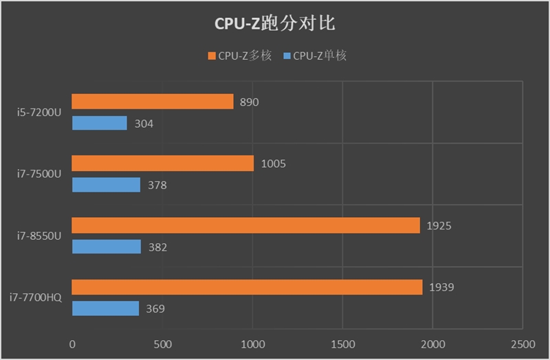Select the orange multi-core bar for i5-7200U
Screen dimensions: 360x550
click(153, 102)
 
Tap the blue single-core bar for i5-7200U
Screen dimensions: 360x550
click(100, 124)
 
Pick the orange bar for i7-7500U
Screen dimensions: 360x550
click(163, 164)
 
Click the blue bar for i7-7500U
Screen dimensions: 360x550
click(106, 185)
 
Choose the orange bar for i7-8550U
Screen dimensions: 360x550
click(245, 225)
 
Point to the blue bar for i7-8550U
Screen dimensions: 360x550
click(107, 247)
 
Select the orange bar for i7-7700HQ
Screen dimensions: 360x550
click(247, 287)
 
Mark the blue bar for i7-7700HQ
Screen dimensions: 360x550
click(105, 308)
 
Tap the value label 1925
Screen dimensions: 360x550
click(438, 225)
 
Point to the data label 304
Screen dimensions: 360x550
click(144, 124)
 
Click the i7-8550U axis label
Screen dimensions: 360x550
click(40, 236)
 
